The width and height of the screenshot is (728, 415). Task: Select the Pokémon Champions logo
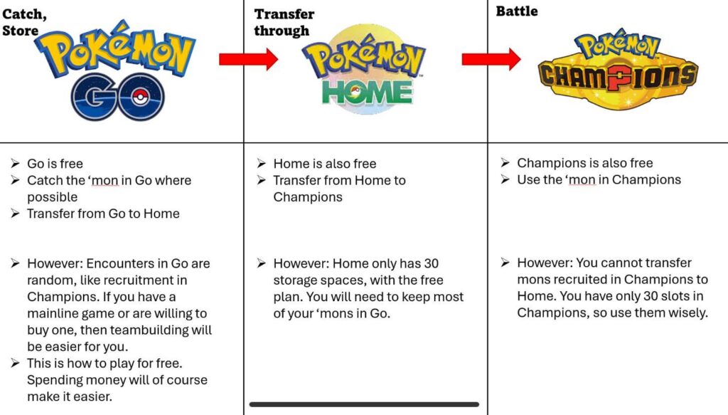617,70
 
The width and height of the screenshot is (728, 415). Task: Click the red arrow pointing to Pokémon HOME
247,59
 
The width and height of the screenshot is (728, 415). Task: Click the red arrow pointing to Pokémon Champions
491,59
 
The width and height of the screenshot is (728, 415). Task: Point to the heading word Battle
517,11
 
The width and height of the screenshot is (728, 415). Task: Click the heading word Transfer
284,14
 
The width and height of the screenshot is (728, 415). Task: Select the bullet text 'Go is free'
55,164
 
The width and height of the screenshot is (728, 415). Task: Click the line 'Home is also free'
324,164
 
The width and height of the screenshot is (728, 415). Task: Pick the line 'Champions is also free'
584,163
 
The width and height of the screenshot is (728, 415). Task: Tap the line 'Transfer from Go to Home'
103,214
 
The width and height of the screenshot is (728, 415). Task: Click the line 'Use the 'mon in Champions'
599,179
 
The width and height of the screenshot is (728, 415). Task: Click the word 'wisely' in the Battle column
687,312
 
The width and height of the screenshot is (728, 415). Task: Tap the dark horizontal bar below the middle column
364,404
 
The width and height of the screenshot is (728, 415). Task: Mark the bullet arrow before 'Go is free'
14,164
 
